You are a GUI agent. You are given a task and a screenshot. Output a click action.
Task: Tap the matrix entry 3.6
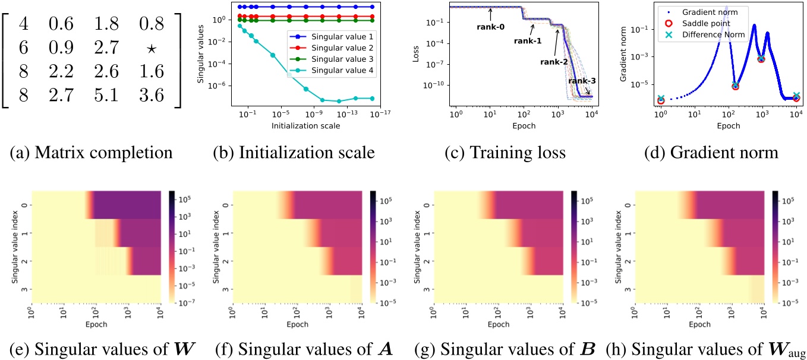[x=153, y=96]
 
